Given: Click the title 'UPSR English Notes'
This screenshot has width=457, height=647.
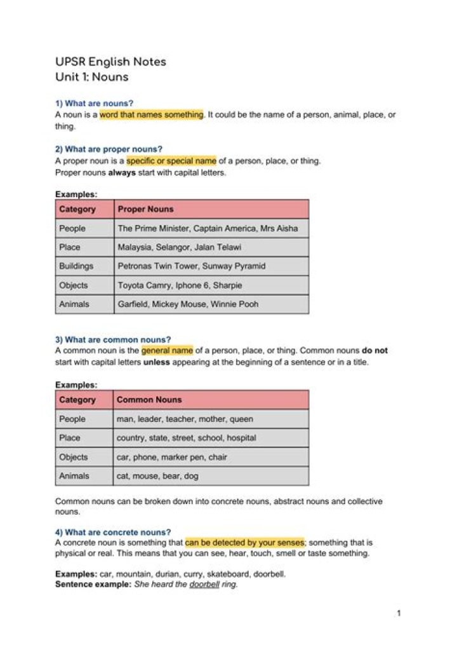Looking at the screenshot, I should (x=110, y=62).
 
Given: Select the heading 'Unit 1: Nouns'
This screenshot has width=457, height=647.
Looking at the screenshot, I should (x=91, y=78).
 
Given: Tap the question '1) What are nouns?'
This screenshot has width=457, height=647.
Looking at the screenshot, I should (x=94, y=103).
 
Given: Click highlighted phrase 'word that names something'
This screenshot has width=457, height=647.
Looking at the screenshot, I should (x=151, y=114).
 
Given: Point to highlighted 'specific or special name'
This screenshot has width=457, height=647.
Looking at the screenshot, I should (x=171, y=161).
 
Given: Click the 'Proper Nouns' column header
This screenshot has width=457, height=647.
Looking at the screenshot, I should (x=145, y=209).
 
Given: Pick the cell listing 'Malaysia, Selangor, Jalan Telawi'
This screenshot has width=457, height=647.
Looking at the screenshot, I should (x=179, y=247).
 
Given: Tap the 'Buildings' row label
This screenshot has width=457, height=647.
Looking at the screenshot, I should (x=76, y=266).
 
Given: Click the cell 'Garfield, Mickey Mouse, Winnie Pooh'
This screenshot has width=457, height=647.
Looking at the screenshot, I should (x=188, y=304).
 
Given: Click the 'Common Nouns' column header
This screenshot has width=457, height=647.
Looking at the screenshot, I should (x=149, y=400).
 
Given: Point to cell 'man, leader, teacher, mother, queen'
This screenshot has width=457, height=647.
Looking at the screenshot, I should (x=185, y=419).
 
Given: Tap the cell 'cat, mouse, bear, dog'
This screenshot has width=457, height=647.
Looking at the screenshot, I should (x=157, y=476).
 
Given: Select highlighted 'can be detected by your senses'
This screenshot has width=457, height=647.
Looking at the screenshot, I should (x=244, y=543).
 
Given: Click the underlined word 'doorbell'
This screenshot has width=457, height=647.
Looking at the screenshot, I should (x=204, y=584).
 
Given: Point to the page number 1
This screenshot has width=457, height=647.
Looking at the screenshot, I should (x=399, y=613).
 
